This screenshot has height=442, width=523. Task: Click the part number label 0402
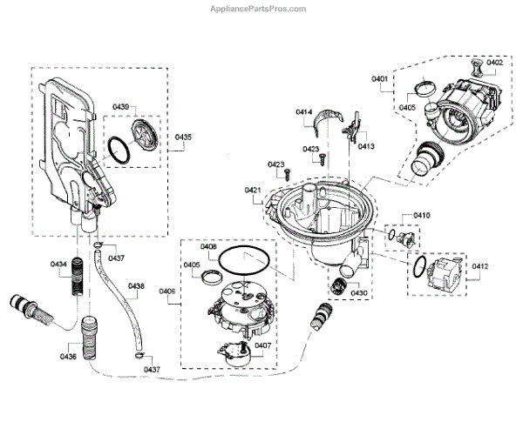495,63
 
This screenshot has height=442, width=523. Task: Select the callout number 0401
379,79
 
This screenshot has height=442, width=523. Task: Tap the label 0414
304,112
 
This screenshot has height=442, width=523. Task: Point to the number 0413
365,147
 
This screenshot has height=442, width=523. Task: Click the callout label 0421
253,190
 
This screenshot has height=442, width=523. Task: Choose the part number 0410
423,215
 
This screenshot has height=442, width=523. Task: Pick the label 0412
480,266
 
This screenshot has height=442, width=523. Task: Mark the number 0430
359,293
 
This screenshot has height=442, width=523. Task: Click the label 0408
208,247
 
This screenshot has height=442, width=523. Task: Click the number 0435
183,137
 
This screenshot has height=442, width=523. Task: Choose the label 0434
58,264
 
